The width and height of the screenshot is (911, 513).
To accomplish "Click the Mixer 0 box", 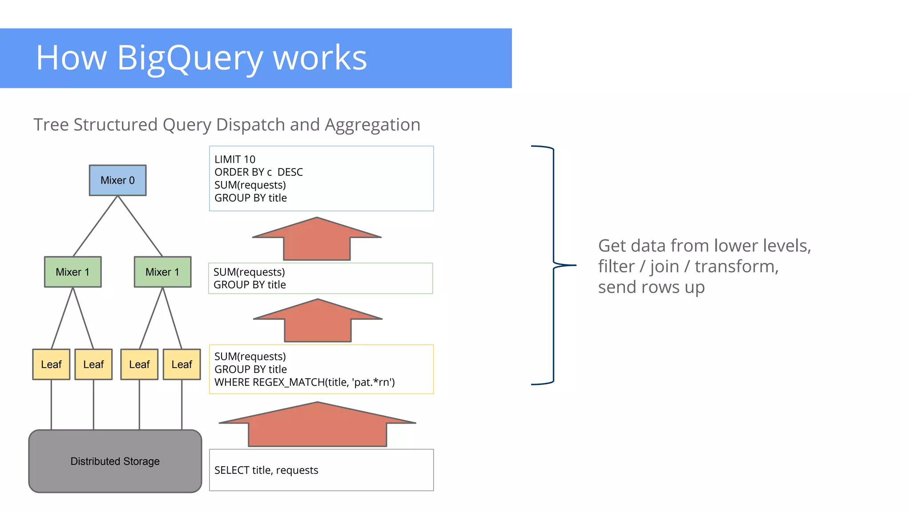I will pyautogui.click(x=117, y=180).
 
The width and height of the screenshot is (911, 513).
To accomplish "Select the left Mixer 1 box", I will pyautogui.click(x=73, y=272).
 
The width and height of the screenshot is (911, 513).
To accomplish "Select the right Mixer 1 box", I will pyautogui.click(x=162, y=272).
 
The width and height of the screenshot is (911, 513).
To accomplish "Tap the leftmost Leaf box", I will pyautogui.click(x=51, y=364).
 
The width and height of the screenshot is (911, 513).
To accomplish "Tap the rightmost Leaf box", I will pyautogui.click(x=181, y=364).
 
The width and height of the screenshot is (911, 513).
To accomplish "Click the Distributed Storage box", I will pyautogui.click(x=115, y=461).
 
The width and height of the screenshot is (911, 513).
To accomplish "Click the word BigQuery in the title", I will pyautogui.click(x=189, y=58).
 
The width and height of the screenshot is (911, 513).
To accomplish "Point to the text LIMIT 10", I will pyautogui.click(x=235, y=159).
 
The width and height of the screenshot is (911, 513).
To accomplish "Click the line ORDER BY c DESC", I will pyautogui.click(x=258, y=172).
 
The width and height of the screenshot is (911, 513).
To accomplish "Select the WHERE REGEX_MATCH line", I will pyautogui.click(x=304, y=382).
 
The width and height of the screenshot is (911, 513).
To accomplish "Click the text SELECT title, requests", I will pyautogui.click(x=266, y=470).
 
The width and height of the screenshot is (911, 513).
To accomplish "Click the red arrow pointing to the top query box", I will pyautogui.click(x=317, y=240).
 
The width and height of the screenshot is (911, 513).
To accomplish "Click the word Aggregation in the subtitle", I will pyautogui.click(x=372, y=125).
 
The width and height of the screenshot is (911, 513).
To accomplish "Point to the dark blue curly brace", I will pyautogui.click(x=554, y=265).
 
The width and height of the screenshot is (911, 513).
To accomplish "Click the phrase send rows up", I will pyautogui.click(x=651, y=287).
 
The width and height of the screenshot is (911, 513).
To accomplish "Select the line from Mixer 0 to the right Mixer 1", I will pyautogui.click(x=140, y=226).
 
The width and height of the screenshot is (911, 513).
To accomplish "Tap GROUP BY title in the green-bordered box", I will pyautogui.click(x=250, y=285).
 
